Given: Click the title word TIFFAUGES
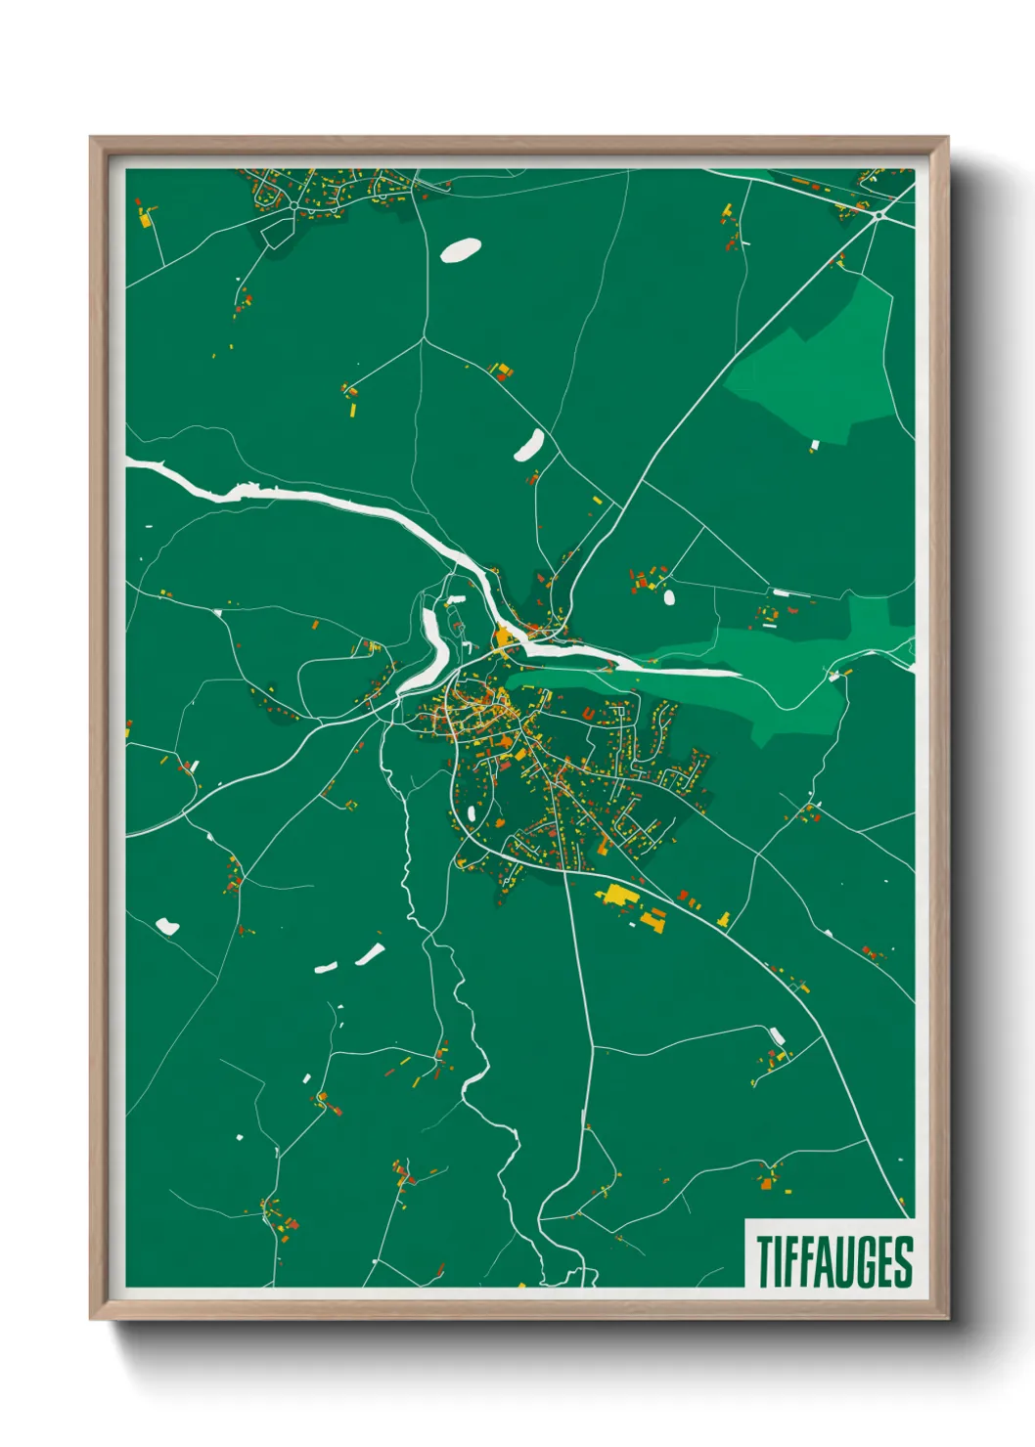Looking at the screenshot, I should coord(833,1261).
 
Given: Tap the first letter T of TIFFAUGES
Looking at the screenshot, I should coord(764,1261).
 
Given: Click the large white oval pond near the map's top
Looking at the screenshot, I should coord(460,251).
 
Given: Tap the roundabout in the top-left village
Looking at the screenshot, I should coord(293,206).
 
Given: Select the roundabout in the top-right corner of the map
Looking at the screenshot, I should coord(879,214).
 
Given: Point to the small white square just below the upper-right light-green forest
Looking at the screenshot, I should coord(814,446).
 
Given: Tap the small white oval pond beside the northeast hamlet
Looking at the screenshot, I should coord(669,595).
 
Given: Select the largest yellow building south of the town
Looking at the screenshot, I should coord(616,894).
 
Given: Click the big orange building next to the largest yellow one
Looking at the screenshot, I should coord(652,921).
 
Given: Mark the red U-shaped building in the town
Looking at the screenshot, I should coord(587,715).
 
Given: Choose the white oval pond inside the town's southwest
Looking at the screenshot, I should coord(472,812).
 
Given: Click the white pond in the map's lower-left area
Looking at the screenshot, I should coord(167,925).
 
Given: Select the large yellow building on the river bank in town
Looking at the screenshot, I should coord(504,638).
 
